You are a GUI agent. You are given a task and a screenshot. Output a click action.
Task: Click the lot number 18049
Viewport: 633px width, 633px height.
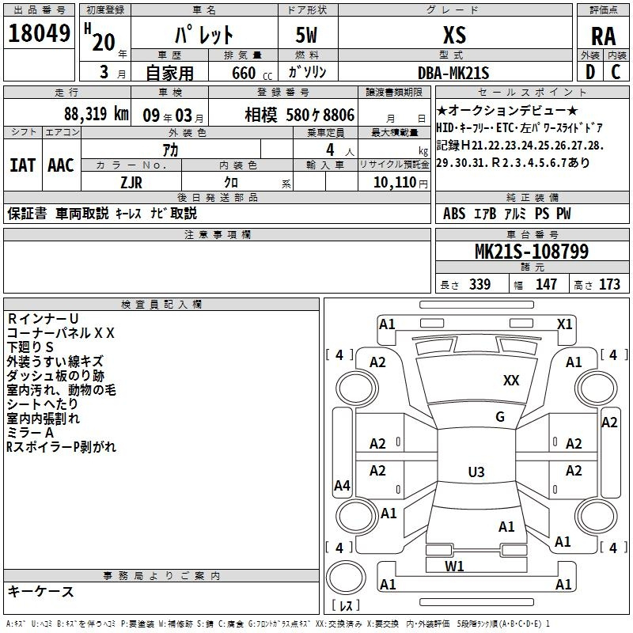39,33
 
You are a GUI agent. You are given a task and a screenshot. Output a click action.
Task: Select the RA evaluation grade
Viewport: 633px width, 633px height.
603,36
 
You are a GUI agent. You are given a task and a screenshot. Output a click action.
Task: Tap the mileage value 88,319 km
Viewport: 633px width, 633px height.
96,114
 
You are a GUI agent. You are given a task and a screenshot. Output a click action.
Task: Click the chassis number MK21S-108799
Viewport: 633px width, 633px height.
532,252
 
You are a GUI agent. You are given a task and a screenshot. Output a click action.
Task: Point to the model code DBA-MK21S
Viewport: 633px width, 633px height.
453,73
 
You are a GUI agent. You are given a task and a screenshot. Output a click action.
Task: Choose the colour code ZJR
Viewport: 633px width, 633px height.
131,183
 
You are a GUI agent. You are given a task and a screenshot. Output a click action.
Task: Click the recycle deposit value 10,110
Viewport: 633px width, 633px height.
395,183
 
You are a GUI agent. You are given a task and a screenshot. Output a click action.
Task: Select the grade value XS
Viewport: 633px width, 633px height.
454,35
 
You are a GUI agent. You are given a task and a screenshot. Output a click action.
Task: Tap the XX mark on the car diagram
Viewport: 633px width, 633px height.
511,381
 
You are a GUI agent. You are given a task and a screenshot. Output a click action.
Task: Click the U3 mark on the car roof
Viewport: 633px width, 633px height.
476,472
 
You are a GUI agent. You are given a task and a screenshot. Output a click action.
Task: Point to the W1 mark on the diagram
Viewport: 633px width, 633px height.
454,567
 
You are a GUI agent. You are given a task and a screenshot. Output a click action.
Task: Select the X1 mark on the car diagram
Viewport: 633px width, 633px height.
564,324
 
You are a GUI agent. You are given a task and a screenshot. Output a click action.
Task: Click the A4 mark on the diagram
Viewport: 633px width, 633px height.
342,486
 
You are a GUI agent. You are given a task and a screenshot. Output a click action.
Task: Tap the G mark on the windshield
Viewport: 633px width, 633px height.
500,417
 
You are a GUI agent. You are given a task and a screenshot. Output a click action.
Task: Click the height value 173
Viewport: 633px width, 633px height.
609,284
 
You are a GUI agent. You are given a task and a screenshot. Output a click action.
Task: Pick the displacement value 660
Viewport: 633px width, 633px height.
244,73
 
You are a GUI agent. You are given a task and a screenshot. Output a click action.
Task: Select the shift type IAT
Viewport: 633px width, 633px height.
22,165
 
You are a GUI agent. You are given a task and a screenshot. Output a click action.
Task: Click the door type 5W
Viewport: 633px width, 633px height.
306,35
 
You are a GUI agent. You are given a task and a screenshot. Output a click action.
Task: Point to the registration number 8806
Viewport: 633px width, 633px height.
339,115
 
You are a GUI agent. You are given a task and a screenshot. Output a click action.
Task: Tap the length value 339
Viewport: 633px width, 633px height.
479,284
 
